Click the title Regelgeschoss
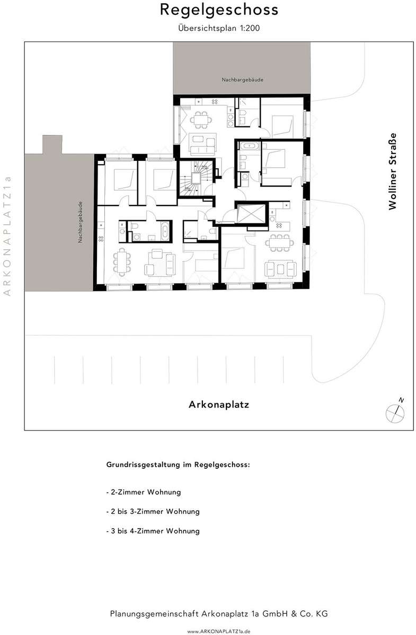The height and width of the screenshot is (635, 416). coord(219,11)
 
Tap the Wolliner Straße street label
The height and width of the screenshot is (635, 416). coord(393,171)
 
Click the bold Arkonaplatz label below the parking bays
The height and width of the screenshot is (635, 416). coord(219,404)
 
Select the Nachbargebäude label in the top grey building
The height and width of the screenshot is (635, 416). coord(242,80)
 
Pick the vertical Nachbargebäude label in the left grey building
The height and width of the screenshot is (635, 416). coord(81,222)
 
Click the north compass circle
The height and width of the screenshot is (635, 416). coord(395,414)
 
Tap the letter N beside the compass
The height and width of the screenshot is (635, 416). coord(401,400)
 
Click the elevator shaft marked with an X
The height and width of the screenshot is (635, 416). coord(251,213)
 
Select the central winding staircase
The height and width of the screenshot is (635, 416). coord(196,178)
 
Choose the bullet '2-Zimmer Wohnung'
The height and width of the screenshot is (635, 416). coord(144,492)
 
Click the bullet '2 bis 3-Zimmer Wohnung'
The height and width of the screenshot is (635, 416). coord(153,511)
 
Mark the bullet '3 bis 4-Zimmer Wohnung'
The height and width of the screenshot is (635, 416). coord(153,531)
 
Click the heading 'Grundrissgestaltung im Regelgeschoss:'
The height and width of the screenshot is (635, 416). coord(178,465)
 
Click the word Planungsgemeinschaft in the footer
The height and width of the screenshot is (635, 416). coord(154,614)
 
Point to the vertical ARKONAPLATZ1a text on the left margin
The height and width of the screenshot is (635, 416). coord(7,236)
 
